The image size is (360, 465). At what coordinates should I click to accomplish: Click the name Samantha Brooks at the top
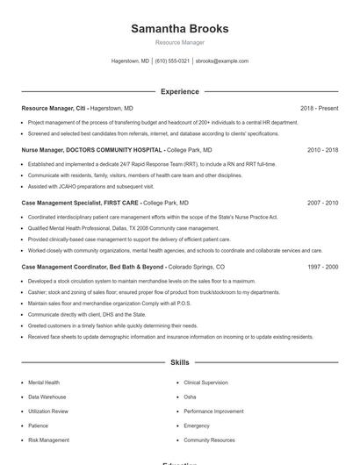point(179,29)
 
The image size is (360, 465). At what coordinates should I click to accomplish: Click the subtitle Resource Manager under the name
point(179,42)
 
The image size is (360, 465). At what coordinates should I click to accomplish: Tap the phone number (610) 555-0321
point(172,61)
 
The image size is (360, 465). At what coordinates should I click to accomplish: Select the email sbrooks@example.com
point(222,61)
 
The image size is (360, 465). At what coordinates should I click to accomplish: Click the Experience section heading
point(179,91)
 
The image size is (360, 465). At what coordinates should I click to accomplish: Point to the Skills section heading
point(179,361)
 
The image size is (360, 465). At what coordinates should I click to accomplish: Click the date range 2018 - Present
point(319,108)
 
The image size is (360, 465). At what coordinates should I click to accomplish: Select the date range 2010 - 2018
point(322,150)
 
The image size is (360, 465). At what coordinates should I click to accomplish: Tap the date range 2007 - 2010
point(322,202)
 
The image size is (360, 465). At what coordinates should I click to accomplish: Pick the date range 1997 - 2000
point(322,266)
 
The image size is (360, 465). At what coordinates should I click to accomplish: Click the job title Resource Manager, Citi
point(54,108)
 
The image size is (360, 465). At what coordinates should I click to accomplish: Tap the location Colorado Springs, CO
point(196,266)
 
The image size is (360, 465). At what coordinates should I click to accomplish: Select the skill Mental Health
point(44,383)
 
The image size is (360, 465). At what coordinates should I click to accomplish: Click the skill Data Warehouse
point(47,397)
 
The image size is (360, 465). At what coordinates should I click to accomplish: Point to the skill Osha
point(190,397)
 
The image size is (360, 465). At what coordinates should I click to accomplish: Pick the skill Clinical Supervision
point(205,383)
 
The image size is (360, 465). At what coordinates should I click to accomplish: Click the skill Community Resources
point(209,440)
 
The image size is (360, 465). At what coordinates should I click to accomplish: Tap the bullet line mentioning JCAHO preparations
point(90,186)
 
